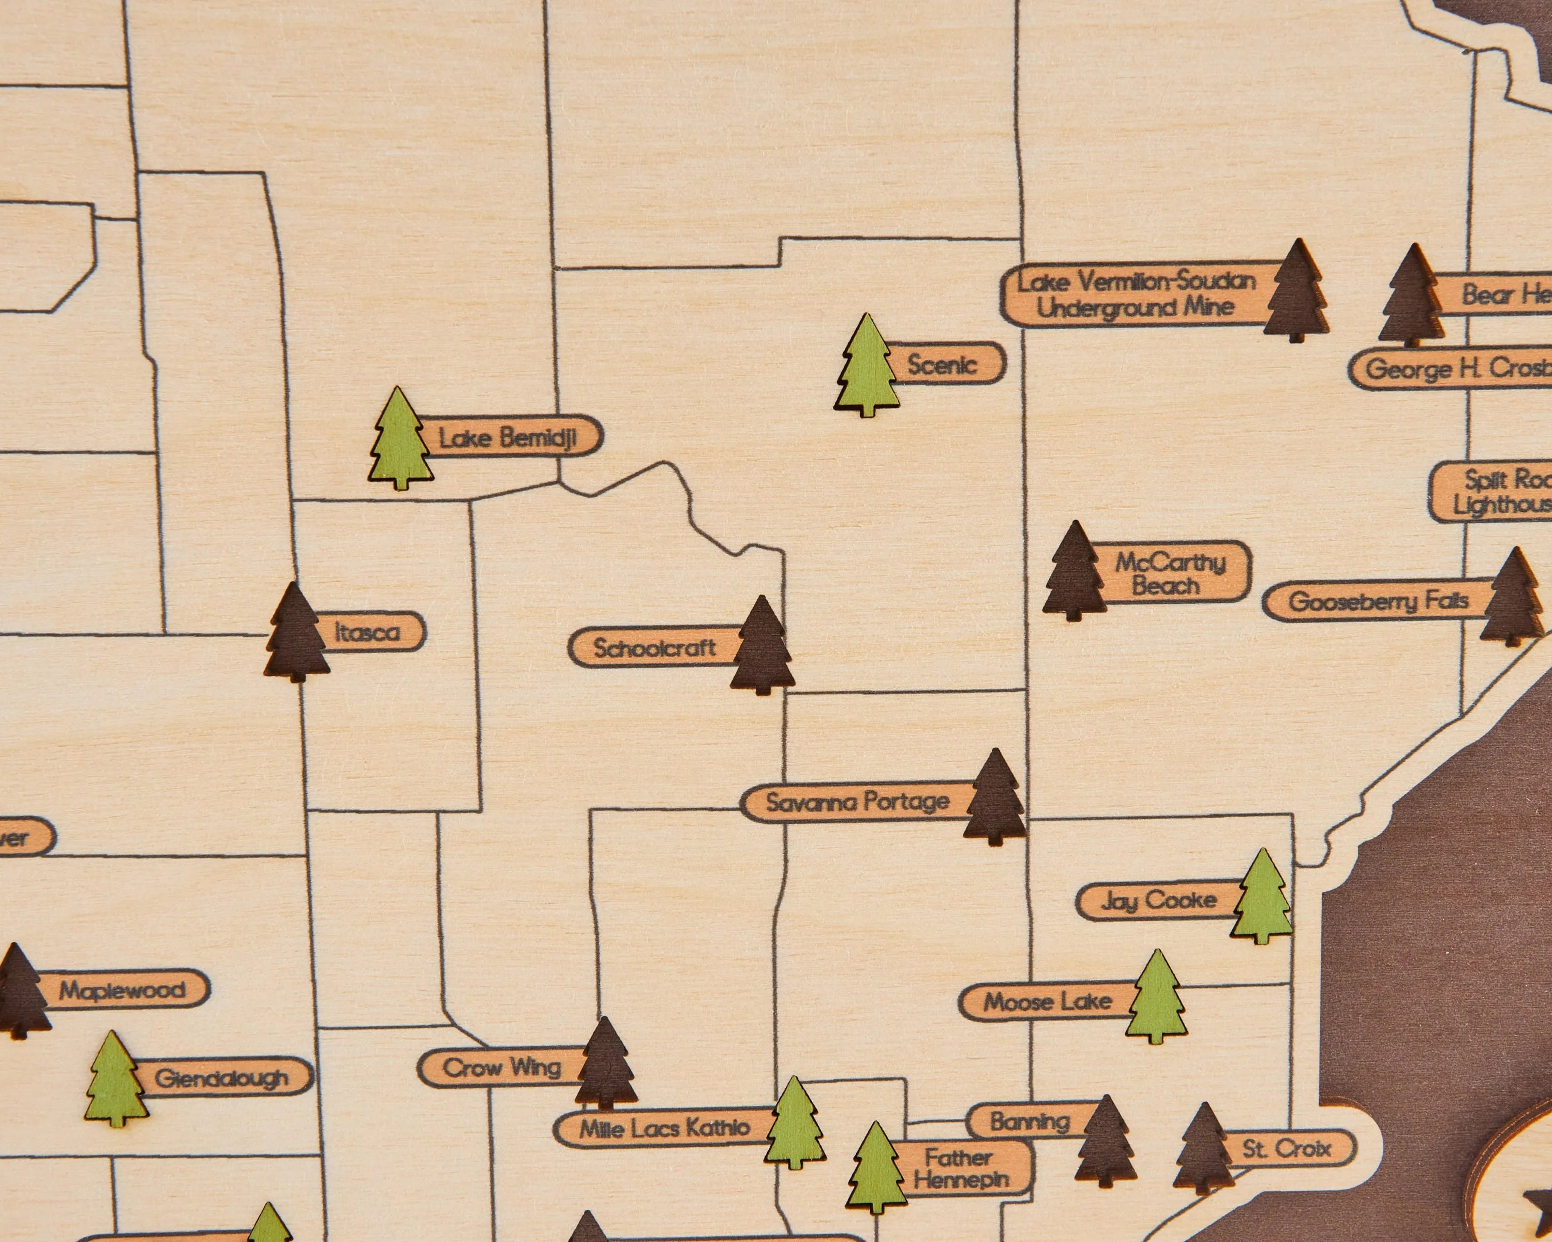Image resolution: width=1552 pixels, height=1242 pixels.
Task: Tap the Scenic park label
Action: tap(943, 364)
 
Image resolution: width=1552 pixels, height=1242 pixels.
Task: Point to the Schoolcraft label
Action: tap(653, 648)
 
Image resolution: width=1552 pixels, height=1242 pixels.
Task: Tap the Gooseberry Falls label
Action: tap(1376, 600)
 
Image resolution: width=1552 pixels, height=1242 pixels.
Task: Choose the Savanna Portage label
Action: tap(857, 802)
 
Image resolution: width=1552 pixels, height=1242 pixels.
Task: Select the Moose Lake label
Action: tap(1048, 1001)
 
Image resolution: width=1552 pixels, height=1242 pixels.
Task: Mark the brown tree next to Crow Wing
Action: tap(605, 1064)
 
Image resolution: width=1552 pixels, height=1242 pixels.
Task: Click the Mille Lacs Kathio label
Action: tap(664, 1128)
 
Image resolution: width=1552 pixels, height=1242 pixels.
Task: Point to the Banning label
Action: tap(1029, 1121)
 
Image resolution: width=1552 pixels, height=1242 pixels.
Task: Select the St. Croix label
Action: tap(1287, 1148)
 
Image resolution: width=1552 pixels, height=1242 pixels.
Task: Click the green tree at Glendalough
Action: tap(115, 1080)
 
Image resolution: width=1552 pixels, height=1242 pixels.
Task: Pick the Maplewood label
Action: tap(123, 990)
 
